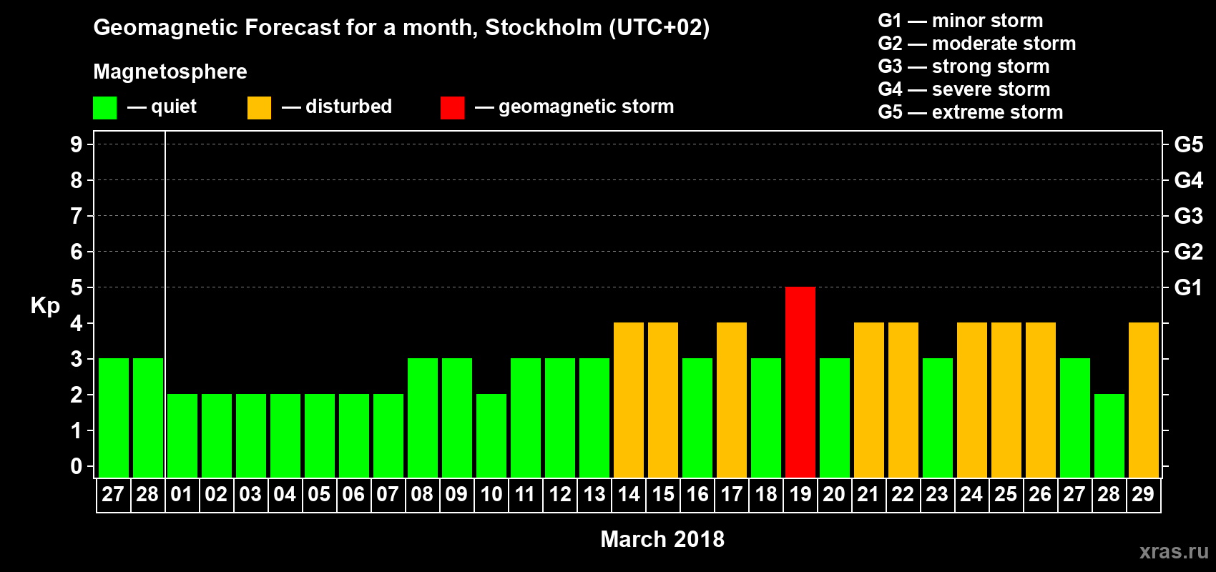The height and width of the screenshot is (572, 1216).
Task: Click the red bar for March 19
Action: tap(800, 382)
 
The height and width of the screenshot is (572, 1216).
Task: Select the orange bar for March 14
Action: tap(629, 400)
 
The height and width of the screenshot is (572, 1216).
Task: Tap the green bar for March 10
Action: tap(491, 435)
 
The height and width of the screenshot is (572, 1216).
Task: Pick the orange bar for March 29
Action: tap(1143, 400)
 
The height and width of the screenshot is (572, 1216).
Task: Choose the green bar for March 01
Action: tap(182, 435)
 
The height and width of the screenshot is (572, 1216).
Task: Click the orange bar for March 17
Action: tap(732, 400)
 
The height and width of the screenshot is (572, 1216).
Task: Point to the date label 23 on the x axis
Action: tap(936, 495)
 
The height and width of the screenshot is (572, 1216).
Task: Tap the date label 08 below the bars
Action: tap(422, 495)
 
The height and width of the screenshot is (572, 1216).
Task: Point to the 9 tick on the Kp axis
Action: tap(77, 144)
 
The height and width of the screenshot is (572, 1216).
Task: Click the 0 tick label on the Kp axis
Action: tap(77, 467)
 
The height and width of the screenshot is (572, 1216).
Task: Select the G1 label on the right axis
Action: tap(1188, 287)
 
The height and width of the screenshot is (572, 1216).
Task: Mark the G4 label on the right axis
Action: tap(1188, 180)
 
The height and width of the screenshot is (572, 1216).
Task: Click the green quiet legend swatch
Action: tap(105, 108)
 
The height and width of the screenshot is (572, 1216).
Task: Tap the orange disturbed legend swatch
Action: tap(259, 108)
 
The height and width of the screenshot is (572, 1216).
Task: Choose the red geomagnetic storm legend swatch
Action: tap(452, 108)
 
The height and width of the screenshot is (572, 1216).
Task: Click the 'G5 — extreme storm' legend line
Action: tap(970, 112)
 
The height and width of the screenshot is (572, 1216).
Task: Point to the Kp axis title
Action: tap(45, 306)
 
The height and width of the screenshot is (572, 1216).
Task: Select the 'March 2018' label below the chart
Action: tap(662, 539)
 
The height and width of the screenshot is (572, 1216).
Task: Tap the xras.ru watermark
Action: tap(1174, 551)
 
